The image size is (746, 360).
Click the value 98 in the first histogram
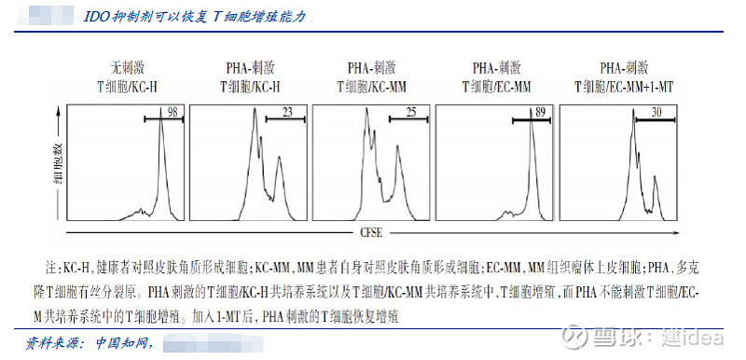172,112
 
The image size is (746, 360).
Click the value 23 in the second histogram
286,112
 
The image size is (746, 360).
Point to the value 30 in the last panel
656,112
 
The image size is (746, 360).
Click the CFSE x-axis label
369,230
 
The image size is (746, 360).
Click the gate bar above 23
285,120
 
